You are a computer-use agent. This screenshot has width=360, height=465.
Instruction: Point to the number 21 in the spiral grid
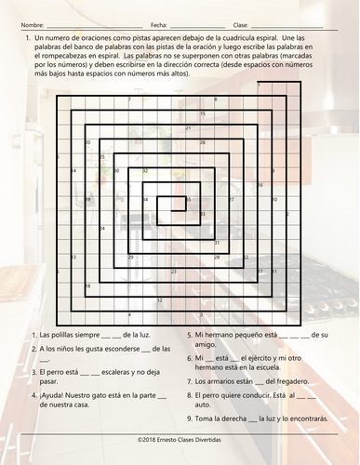click(189, 127)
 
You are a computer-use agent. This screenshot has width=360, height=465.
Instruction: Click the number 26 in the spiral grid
click(203, 142)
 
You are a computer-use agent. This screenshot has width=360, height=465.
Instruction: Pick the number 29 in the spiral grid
click(131, 258)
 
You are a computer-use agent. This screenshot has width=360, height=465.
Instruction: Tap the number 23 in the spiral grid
click(216, 258)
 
